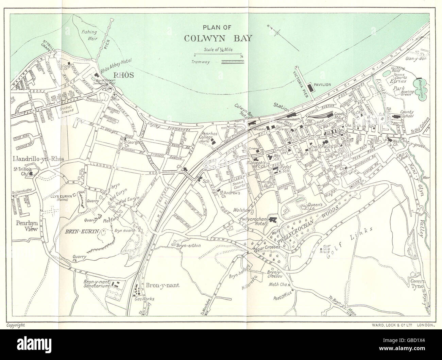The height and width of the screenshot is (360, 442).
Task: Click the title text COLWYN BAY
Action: (x=218, y=38)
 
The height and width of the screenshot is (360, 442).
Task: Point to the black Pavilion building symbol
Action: (x=310, y=87)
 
